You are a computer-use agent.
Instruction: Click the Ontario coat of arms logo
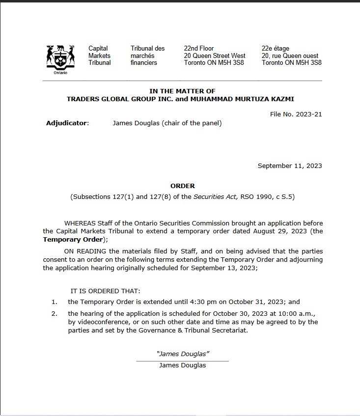coord(60,58)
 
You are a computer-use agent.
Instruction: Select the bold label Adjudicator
coord(67,123)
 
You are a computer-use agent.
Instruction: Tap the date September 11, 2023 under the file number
coord(290,166)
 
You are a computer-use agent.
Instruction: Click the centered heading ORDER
coord(182,186)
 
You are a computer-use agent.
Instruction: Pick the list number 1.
coord(54,302)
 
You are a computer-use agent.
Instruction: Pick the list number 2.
coord(54,313)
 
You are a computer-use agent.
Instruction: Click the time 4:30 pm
coord(193,302)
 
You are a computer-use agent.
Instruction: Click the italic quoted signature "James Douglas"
coord(182,354)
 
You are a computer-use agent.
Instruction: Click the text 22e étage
coord(276,49)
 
